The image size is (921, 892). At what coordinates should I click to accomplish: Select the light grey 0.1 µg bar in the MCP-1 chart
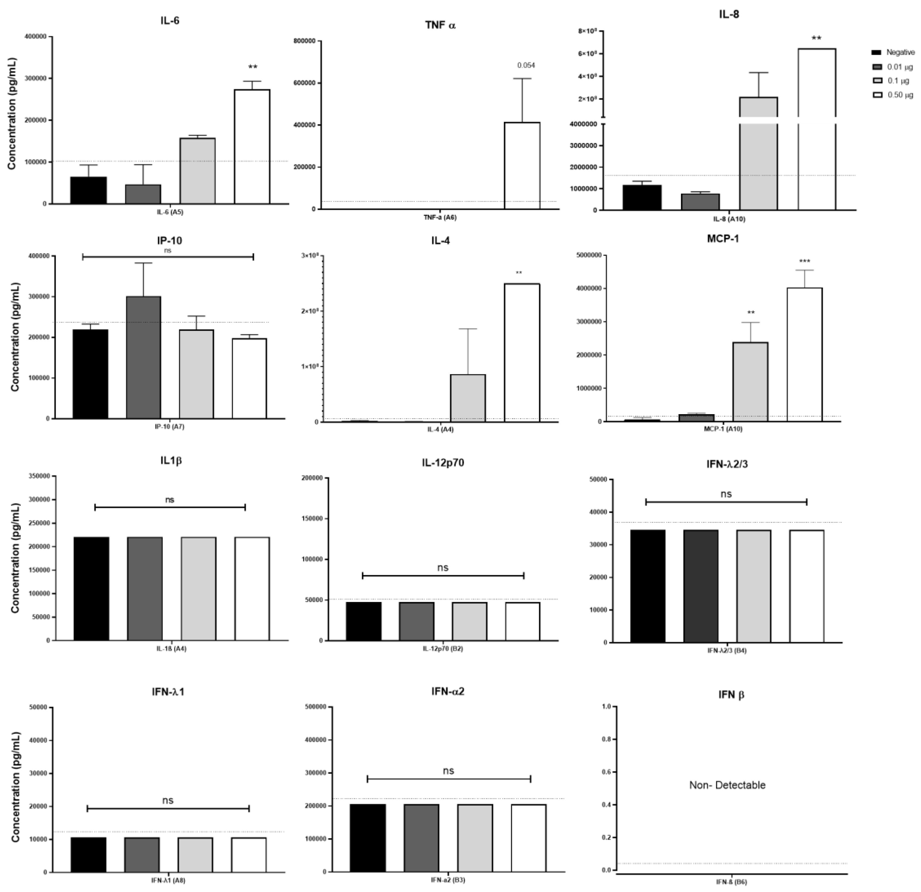(x=751, y=382)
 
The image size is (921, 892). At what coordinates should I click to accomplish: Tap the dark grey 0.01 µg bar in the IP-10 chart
(x=143, y=357)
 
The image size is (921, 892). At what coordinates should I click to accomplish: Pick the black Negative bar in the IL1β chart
(x=91, y=588)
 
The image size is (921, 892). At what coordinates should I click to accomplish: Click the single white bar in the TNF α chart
(x=522, y=165)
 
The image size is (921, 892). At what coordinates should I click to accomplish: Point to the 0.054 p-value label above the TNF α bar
(x=526, y=65)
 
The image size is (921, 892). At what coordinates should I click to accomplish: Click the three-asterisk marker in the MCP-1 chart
(x=804, y=262)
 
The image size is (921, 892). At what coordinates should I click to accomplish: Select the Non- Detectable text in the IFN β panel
(x=727, y=785)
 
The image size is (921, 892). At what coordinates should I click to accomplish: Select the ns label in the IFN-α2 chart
(x=448, y=771)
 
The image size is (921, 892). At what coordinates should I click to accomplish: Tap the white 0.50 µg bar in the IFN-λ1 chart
(x=249, y=854)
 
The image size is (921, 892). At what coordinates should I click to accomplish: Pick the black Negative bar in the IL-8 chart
(x=642, y=198)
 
